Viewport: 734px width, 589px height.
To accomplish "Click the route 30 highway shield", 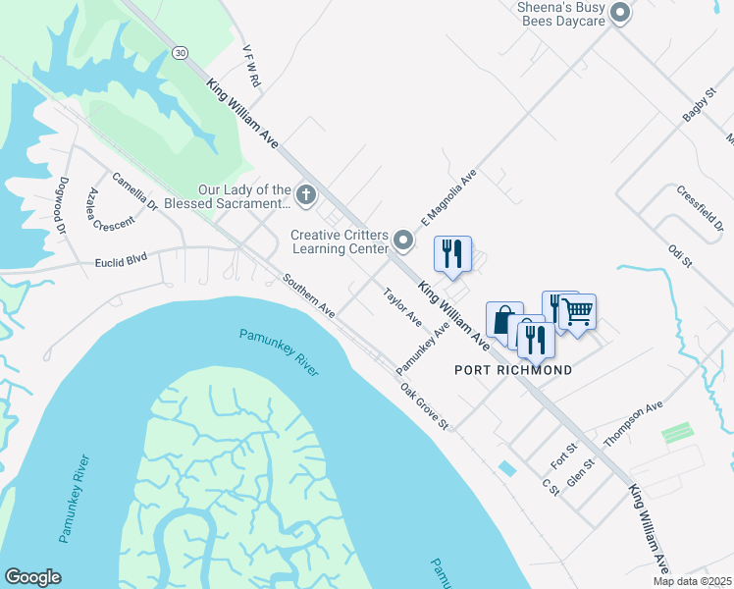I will (179, 51).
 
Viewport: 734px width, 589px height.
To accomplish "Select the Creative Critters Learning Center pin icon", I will (402, 240).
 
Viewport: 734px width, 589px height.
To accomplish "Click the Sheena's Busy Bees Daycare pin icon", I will (619, 13).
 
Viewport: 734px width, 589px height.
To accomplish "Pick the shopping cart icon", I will (578, 312).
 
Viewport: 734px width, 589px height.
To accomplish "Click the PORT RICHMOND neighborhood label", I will (513, 370).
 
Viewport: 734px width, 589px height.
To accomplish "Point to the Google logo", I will (32, 577).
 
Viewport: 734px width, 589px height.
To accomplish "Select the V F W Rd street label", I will (251, 65).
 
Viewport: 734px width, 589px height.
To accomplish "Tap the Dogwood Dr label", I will (62, 203).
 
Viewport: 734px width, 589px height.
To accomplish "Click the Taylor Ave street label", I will (402, 307).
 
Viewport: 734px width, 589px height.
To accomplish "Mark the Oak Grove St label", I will (424, 405).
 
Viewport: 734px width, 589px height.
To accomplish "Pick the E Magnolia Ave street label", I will (448, 196).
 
